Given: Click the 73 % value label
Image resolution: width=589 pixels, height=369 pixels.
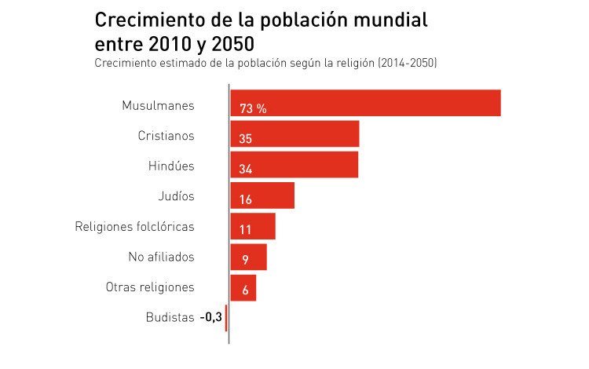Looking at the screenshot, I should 253,109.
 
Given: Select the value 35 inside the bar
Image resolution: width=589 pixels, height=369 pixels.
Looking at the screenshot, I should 246,139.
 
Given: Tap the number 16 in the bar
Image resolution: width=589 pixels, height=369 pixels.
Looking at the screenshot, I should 246,200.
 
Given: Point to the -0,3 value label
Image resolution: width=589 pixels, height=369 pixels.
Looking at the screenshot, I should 210,317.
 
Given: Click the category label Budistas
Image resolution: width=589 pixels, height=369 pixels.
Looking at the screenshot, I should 170,317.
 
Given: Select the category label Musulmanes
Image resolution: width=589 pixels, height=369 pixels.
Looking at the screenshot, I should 158,104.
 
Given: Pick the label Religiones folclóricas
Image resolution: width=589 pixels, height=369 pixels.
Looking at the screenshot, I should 134,227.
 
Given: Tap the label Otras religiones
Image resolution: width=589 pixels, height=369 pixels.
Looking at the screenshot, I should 150,287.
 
